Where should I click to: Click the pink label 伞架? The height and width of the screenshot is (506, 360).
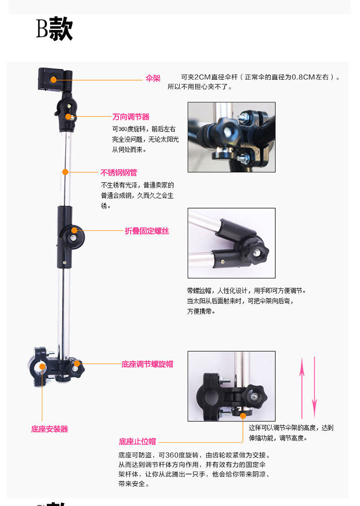[153, 79]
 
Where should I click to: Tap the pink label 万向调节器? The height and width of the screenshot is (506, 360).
[131, 117]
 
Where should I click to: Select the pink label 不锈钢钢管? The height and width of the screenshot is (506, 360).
[118, 173]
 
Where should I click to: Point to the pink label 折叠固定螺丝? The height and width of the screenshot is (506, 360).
[147, 231]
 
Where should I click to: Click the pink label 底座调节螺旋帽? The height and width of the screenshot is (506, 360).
[147, 364]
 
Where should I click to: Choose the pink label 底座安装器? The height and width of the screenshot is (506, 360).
[50, 429]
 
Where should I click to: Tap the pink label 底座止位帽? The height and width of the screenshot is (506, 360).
[137, 441]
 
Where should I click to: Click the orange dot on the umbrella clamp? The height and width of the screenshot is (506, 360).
[53, 79]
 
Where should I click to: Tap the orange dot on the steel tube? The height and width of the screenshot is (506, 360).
[65, 172]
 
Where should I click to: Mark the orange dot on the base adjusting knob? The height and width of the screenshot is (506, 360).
[77, 363]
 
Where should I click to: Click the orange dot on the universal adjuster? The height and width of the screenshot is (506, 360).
[68, 117]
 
